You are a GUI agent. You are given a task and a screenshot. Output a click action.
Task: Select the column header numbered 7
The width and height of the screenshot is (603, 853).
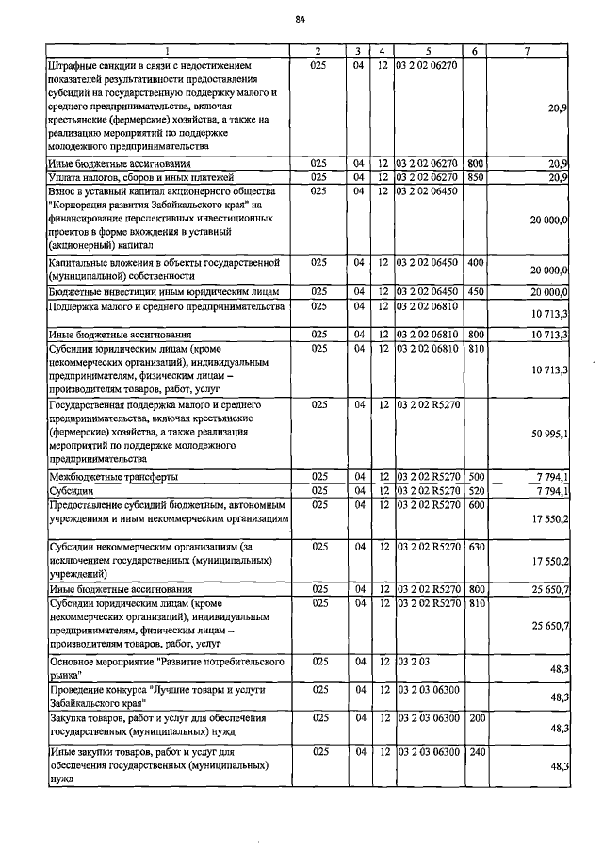[x=533, y=50]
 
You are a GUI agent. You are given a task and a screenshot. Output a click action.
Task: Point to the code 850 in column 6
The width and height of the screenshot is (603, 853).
[x=475, y=176]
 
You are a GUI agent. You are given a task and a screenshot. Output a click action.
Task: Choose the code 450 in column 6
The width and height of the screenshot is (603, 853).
[x=475, y=292]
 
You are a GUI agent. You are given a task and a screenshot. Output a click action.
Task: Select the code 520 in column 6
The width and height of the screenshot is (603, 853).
[x=475, y=491]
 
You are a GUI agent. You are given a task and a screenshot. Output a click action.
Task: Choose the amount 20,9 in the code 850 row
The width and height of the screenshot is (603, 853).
[x=557, y=177]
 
